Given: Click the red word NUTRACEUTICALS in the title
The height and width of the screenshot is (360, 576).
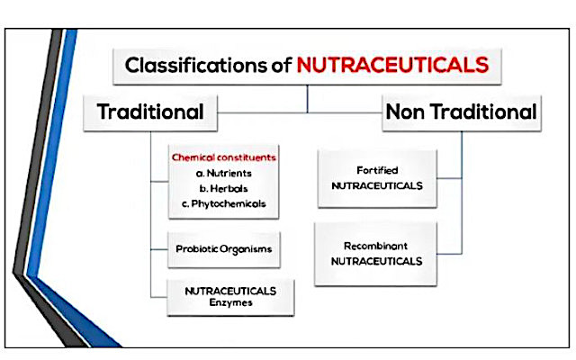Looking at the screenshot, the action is coord(392,65).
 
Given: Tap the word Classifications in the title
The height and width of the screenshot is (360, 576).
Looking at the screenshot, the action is coord(196,65).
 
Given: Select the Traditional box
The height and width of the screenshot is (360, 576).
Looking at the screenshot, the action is coord(150,112).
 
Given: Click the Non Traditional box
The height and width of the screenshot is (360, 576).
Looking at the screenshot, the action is coord(462,112).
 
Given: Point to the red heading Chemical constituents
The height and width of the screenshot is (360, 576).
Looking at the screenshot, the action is coord(224,157).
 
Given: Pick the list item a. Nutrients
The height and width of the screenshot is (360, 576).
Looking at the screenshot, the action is coord(224,174).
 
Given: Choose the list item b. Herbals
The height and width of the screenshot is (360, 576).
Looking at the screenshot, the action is coord(224,189).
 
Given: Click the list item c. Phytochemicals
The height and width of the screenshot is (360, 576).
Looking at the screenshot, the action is coord(224,204).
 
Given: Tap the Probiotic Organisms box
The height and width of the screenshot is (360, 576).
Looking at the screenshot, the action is coord(224,249).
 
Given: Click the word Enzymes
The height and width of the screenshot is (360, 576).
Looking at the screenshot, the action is coord(230,302).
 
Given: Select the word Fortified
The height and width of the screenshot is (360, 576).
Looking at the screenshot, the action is coord(377,170).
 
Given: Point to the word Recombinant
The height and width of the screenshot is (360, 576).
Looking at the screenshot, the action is coord(375,246).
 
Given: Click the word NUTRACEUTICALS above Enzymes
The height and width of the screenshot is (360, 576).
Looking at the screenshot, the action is coord(230,291).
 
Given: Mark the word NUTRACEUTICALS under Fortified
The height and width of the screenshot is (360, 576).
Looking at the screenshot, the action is coord(377,186).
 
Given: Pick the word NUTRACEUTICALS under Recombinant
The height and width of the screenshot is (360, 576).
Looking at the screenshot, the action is coord(376,261).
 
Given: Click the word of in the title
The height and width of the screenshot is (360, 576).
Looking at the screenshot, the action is coord(282,65).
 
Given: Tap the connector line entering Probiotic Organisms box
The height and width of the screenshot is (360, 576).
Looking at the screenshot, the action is coord(159,249).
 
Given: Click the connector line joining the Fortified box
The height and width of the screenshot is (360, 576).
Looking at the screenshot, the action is coord(449,178).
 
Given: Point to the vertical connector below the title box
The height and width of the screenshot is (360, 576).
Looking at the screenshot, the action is coord(307,99).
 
